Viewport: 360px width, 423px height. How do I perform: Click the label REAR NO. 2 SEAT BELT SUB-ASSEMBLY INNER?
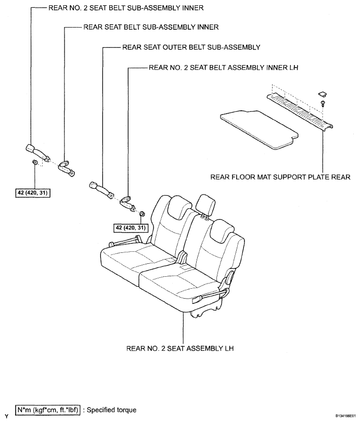point(126,8)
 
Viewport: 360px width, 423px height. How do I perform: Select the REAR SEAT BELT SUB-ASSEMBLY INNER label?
point(151,27)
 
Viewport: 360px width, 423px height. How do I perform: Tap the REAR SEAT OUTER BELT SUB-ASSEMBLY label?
point(191,47)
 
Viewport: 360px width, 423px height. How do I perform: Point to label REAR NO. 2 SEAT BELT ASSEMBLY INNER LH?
point(224,68)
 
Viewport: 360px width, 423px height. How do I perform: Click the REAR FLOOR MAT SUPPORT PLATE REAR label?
point(280,177)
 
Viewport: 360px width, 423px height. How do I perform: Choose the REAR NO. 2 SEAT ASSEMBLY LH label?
point(180,348)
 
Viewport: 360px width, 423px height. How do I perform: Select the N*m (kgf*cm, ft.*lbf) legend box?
point(48,410)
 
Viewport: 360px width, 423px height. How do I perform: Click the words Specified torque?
point(112,410)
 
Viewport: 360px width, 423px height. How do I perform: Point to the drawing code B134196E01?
point(346,416)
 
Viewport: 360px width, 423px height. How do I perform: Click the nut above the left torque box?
point(35,162)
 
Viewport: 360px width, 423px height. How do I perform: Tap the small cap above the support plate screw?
point(322,94)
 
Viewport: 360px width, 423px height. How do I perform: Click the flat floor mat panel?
point(259,130)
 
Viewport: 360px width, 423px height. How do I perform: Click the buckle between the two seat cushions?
point(183,257)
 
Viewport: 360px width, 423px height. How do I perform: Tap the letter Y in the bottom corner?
point(6,417)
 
